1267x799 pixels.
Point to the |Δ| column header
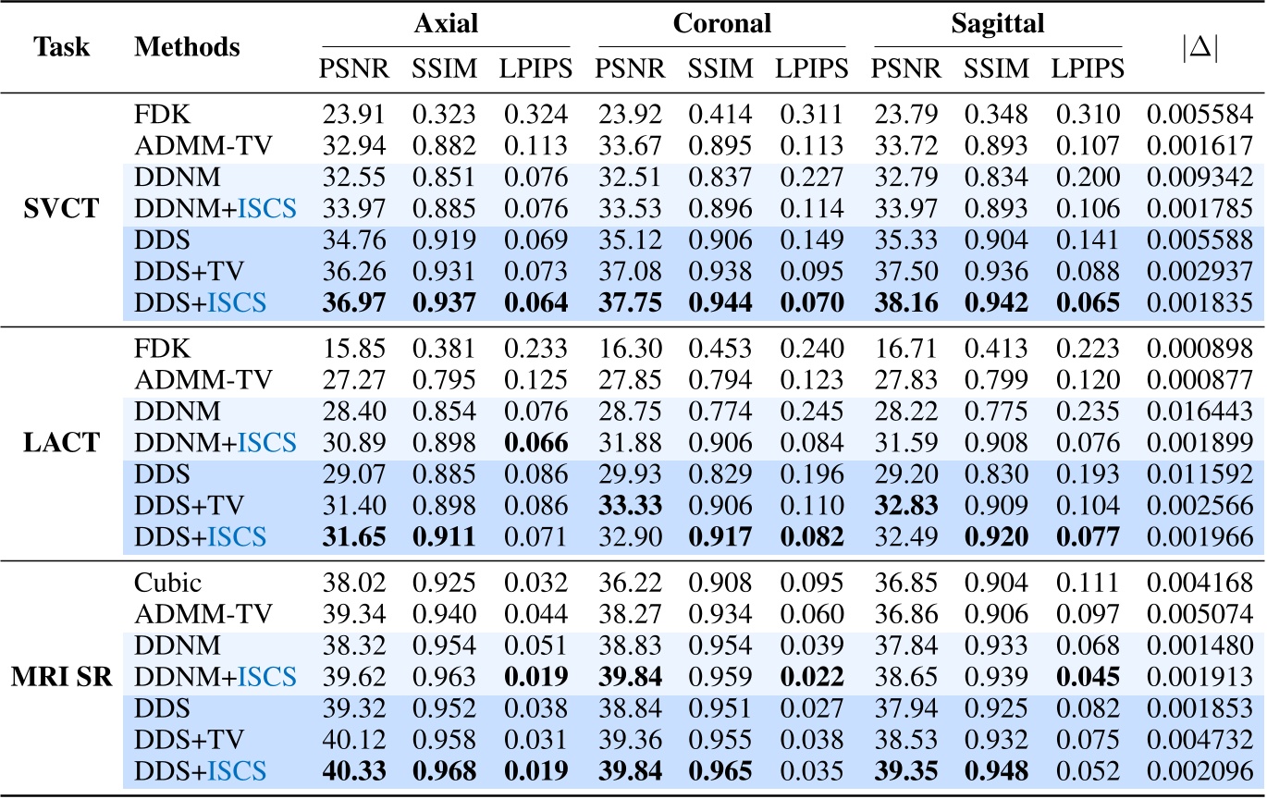(1200, 46)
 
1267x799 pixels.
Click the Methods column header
(188, 46)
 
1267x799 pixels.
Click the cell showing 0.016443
(1200, 395)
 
